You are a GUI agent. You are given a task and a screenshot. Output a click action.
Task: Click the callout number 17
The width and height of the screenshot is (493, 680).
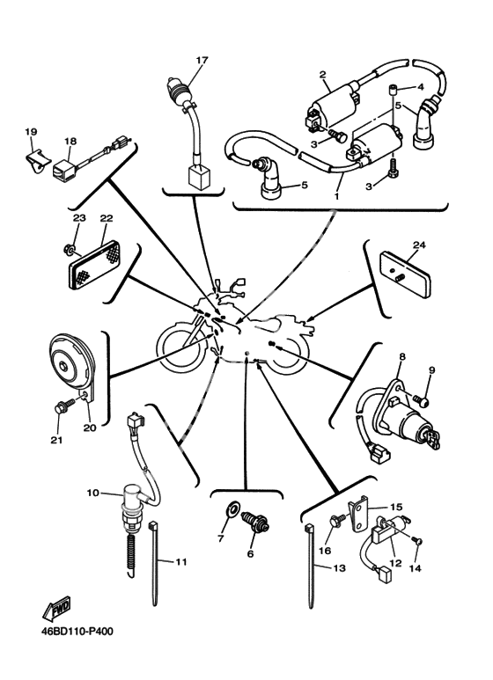point(202,60)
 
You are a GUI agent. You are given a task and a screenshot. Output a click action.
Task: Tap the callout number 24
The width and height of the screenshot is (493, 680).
point(419,245)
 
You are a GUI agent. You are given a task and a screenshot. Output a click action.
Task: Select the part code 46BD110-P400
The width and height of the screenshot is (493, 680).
point(77,631)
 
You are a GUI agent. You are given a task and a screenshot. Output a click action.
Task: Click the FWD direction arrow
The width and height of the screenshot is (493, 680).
point(56,609)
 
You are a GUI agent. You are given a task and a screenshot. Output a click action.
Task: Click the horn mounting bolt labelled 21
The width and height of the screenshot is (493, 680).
point(64,406)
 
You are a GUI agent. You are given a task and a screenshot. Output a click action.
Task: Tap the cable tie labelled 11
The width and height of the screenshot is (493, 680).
point(154,564)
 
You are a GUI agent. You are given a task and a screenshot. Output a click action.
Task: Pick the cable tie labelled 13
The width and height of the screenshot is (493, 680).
point(310,566)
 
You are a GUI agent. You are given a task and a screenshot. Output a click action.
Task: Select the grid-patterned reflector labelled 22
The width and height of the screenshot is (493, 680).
point(94,265)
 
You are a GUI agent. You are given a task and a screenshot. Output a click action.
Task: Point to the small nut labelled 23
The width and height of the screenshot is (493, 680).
point(70,249)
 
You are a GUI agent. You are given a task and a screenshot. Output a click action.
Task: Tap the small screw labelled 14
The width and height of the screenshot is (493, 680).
point(418,541)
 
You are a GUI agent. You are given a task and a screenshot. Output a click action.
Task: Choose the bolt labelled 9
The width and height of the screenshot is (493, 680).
point(421,400)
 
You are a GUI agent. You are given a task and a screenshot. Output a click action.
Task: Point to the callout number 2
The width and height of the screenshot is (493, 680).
point(323,75)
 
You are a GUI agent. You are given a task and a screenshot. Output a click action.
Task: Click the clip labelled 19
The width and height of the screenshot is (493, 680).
point(35,160)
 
